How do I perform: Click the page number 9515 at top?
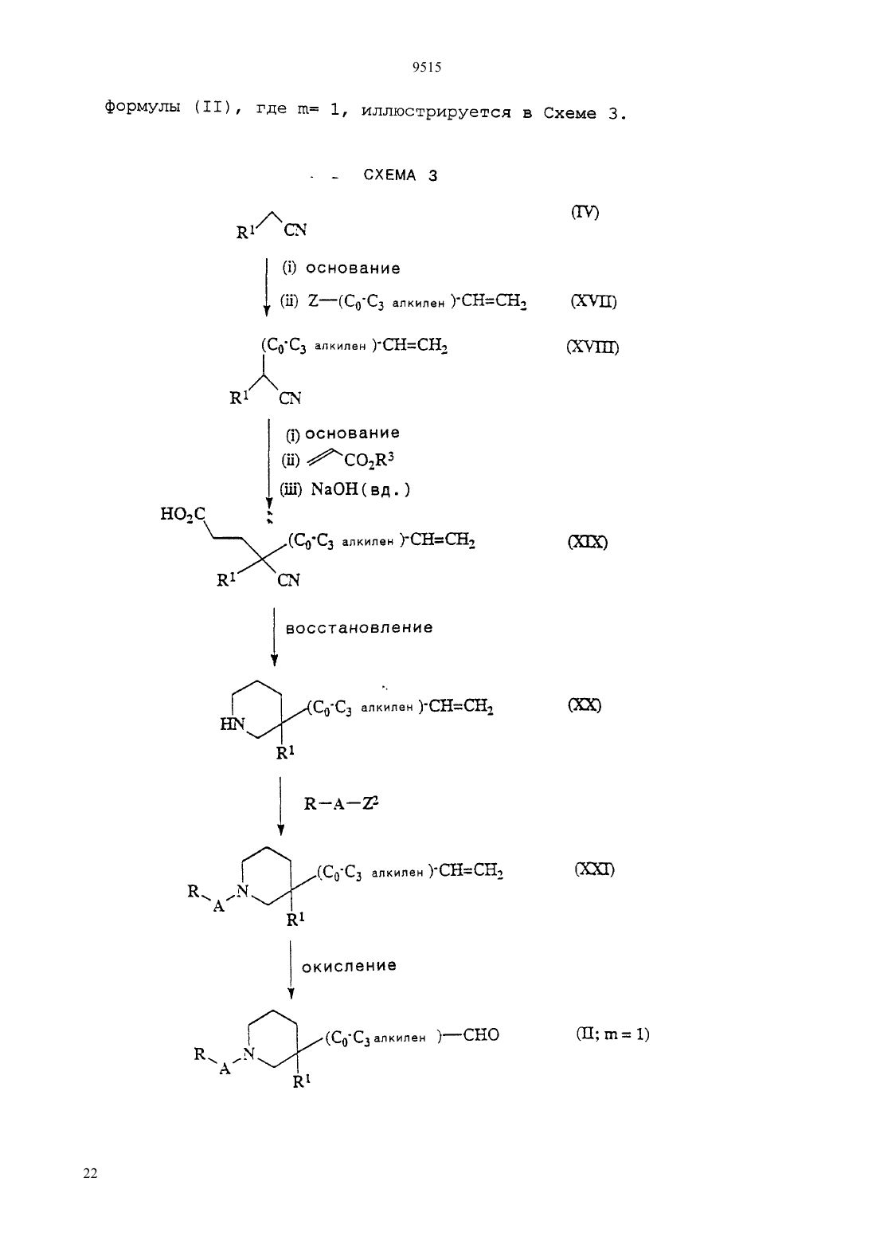pos(426,67)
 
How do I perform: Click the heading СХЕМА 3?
pos(401,175)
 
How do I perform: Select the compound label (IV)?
pos(585,212)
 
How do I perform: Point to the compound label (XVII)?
pos(593,302)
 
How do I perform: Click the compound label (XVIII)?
pos(592,347)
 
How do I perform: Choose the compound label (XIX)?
pos(588,542)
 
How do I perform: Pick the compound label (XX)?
pos(585,705)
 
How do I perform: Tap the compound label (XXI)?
pos(595,869)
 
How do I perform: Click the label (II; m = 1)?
pos(612,1034)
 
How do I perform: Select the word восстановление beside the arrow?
pos(359,628)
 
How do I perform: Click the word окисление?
pos(349,966)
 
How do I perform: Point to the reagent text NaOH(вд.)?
pos(361,489)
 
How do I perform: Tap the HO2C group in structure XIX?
pos(182,514)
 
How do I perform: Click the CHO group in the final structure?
pos(481,1034)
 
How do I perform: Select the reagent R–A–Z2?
pos(341,803)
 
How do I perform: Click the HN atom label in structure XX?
pos(233,724)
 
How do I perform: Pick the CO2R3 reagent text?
pos(369,460)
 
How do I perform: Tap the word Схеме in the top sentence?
pos(569,113)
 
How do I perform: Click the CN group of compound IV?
pos(295,230)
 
